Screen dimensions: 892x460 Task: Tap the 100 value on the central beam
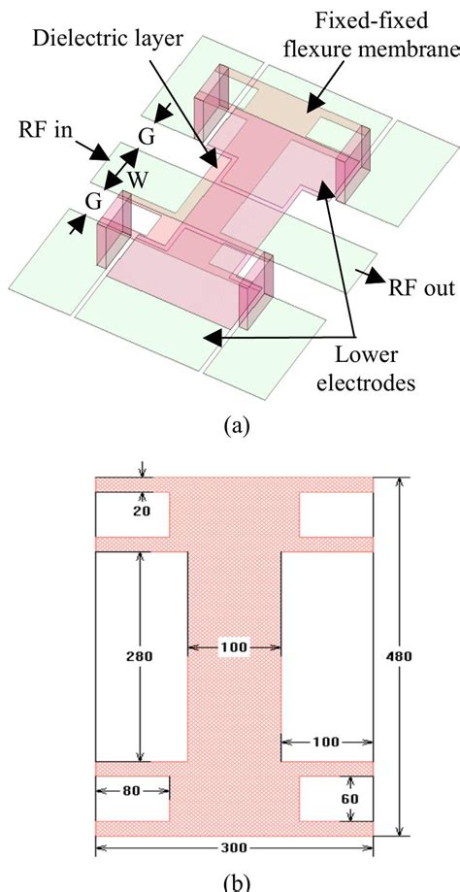point(234,646)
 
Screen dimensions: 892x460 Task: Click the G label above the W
point(147,136)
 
